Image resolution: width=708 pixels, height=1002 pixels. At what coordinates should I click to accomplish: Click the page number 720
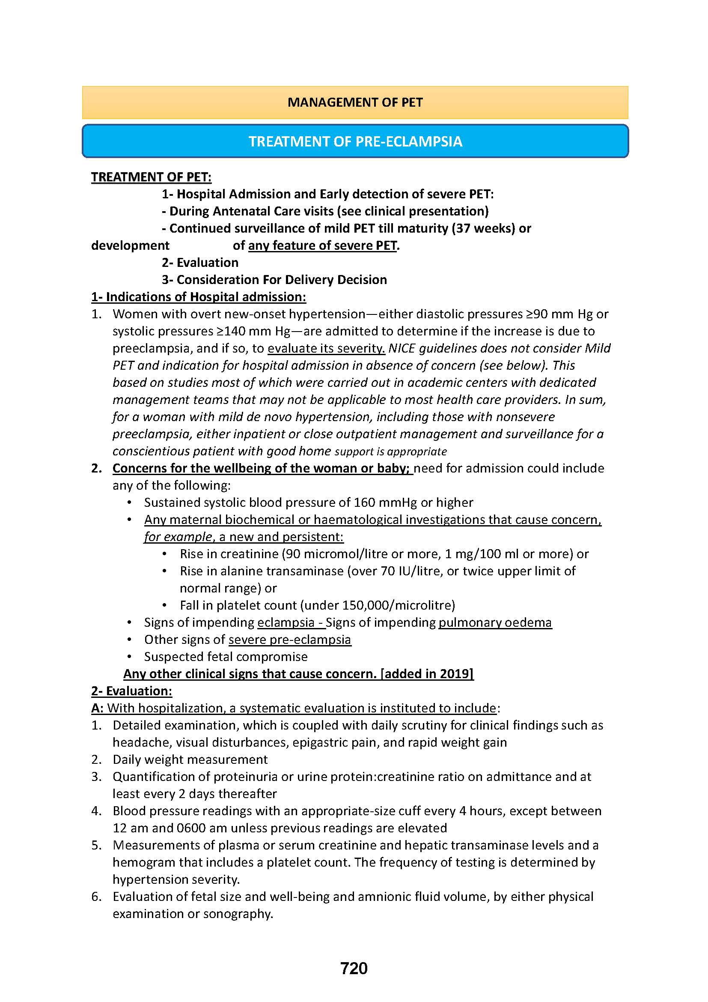point(354,968)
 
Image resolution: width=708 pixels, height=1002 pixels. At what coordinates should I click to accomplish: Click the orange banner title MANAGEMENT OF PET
point(355,102)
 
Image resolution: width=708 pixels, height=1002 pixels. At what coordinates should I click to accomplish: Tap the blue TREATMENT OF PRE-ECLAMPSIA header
point(355,141)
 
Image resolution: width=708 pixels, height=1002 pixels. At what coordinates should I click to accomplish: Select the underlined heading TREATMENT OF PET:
point(151,177)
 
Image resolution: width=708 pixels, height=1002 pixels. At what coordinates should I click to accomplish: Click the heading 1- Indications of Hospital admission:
point(198,297)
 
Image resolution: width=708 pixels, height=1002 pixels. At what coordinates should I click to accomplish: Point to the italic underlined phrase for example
point(178,537)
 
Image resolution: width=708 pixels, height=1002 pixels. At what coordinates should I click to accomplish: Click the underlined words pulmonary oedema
point(495,622)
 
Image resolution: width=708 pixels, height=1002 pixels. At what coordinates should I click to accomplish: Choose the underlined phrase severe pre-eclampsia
point(289,639)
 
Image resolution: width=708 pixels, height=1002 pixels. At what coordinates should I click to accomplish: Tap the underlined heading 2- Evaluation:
point(131,691)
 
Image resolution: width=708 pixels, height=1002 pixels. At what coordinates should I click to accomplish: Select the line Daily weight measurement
point(190,760)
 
